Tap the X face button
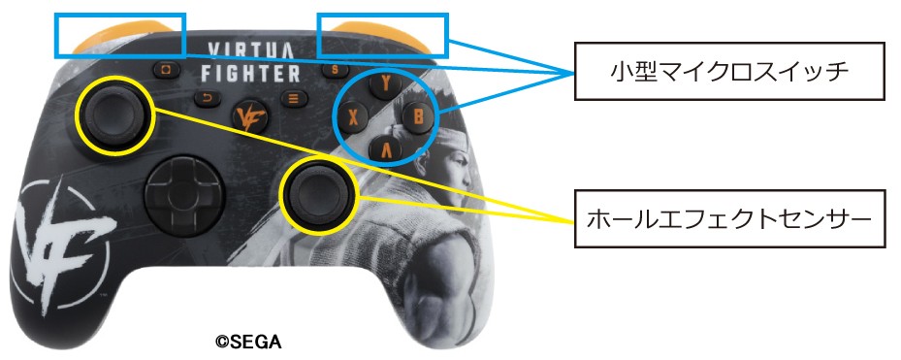pyautogui.click(x=353, y=118)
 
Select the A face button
pyautogui.click(x=385, y=149)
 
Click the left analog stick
pyautogui.click(x=113, y=115)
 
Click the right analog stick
pyautogui.click(x=317, y=193)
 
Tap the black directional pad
pyautogui.click(x=181, y=193)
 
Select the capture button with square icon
pyautogui.click(x=167, y=70)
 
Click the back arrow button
pyautogui.click(x=208, y=98)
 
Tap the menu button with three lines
pyautogui.click(x=294, y=97)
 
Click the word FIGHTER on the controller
pyautogui.click(x=250, y=74)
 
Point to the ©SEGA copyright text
pyautogui.click(x=248, y=343)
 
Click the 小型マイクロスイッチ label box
pyautogui.click(x=728, y=71)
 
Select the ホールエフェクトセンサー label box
pyautogui.click(x=729, y=218)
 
